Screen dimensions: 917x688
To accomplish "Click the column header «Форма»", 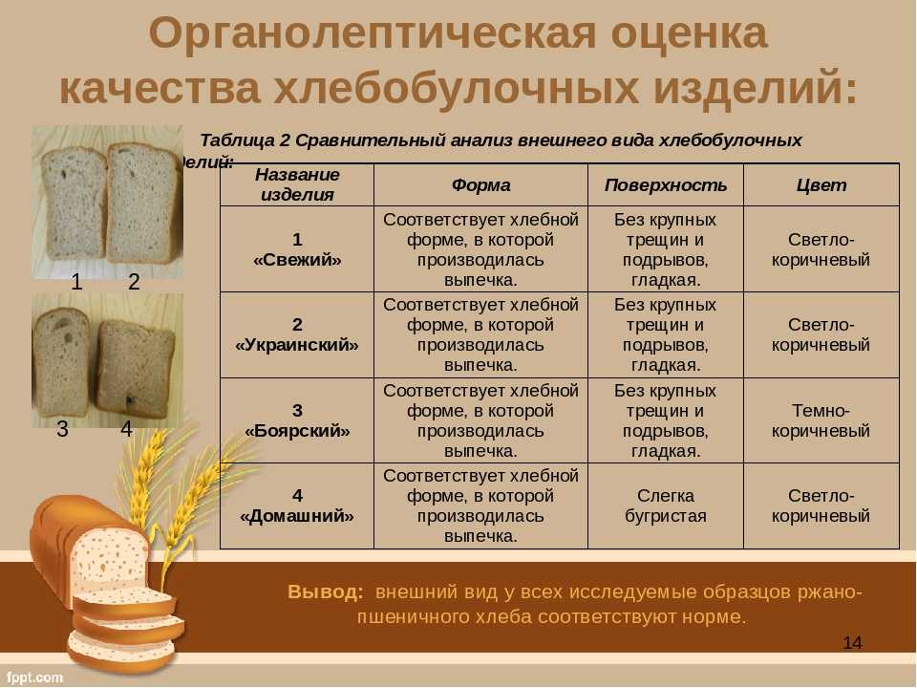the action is pos(480,185).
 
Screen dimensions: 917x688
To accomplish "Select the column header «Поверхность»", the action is pos(666,185).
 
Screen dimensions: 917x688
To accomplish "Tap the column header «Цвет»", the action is pos(821,185).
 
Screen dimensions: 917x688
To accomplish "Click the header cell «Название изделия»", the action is pos(297,184).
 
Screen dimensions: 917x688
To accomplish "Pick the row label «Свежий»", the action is pos(297,259).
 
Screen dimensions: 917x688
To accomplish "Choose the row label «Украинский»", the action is pos(297,345).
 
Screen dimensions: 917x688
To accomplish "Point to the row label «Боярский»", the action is pos(297,431).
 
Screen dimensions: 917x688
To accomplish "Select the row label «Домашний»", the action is pos(297,516).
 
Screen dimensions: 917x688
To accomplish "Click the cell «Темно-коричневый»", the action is pos(821,420).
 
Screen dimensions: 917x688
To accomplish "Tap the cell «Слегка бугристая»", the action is pos(666,506).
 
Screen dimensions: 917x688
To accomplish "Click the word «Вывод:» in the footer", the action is pos(325,592).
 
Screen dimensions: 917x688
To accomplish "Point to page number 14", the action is pos(852,642).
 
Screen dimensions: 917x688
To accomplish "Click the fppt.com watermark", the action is pos(35,677).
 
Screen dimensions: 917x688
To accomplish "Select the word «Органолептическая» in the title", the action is pos(372,34).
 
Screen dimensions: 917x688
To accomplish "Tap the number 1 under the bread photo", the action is pos(76,282).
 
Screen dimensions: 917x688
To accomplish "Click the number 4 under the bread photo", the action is pos(126,429).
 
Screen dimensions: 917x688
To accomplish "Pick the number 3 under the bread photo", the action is pos(63,429).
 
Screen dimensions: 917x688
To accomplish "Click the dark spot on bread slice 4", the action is pos(129,400).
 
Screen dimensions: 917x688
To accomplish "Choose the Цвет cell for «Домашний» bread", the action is pos(821,506).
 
